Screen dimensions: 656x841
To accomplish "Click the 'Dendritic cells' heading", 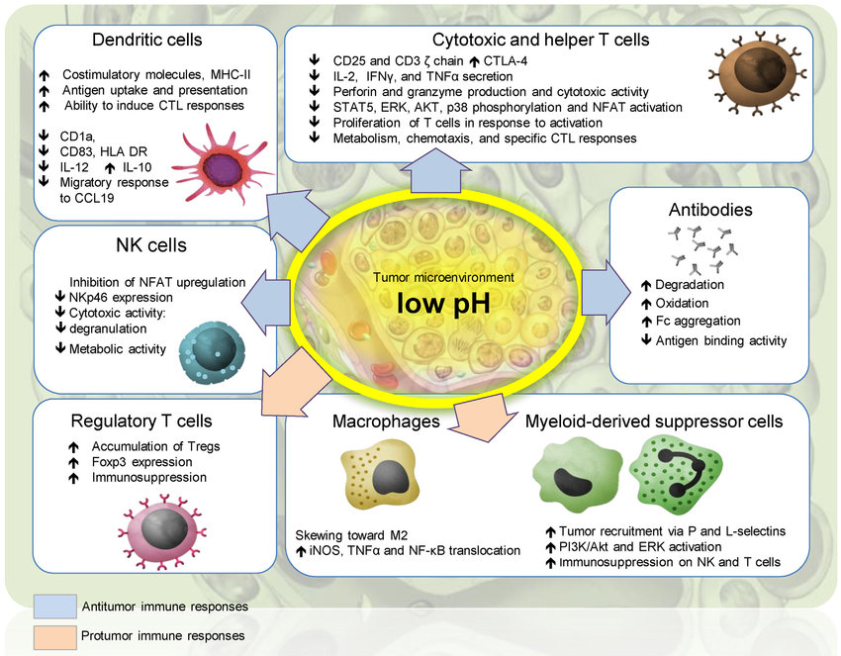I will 146,41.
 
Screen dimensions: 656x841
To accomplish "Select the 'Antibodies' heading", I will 711,211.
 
